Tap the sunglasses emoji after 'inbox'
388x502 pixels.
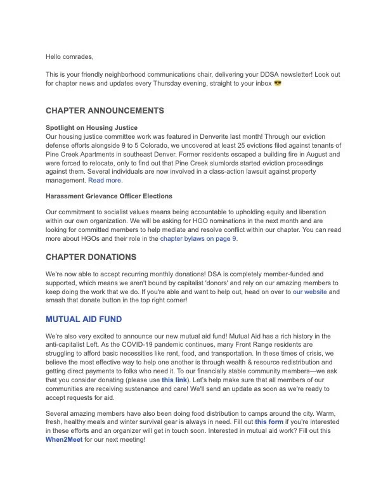(277, 83)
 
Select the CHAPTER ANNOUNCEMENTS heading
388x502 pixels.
(105, 110)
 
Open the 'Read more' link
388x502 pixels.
(105, 181)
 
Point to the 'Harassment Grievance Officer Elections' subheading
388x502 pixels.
(108, 196)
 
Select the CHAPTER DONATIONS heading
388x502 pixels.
(91, 257)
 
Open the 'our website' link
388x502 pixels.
(307, 292)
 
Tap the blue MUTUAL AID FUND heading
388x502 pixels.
(84, 319)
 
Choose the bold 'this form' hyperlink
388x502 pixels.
(269, 422)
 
